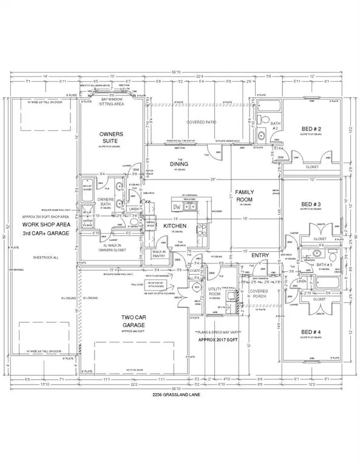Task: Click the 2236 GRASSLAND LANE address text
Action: point(180,396)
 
